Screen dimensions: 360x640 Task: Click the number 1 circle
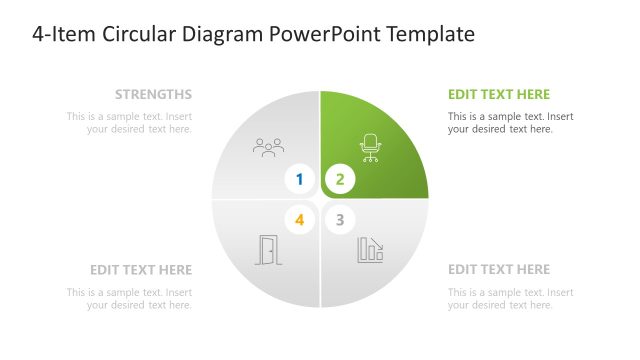tap(300, 180)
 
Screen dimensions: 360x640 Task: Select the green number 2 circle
tap(340, 180)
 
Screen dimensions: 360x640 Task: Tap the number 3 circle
tap(340, 219)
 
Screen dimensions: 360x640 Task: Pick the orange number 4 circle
tap(300, 219)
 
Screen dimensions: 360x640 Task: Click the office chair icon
tap(371, 148)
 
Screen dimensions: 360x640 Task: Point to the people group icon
tap(268, 148)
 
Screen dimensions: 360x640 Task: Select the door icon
tap(268, 250)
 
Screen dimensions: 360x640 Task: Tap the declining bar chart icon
tap(371, 250)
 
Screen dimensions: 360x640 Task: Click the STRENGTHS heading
tap(153, 95)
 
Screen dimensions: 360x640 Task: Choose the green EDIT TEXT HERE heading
tap(499, 95)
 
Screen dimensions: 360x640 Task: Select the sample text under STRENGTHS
tap(130, 123)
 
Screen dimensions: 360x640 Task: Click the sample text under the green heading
tap(510, 123)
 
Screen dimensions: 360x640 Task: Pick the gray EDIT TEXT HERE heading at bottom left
tap(141, 270)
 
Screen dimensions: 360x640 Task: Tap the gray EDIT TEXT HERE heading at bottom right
tap(499, 270)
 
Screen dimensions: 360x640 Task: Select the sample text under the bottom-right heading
tap(510, 298)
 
